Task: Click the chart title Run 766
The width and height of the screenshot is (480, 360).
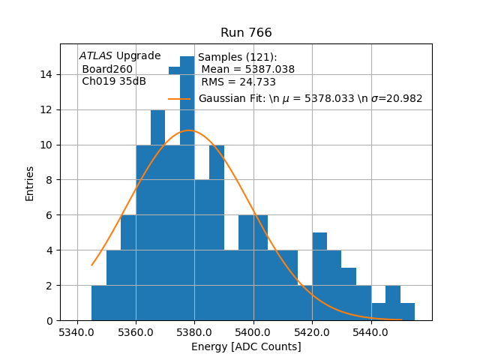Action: (246, 33)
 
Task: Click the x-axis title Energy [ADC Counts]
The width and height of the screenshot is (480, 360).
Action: (246, 346)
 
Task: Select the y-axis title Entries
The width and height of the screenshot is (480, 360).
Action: (30, 182)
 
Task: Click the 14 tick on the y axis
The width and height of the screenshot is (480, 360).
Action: (46, 74)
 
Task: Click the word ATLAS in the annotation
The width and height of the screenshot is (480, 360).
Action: (96, 55)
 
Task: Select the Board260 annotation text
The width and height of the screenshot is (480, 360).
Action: (107, 69)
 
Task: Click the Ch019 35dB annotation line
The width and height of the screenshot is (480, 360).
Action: (114, 82)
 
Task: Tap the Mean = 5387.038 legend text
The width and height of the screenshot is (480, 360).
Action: (247, 70)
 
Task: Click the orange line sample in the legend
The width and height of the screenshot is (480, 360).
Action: (179, 98)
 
